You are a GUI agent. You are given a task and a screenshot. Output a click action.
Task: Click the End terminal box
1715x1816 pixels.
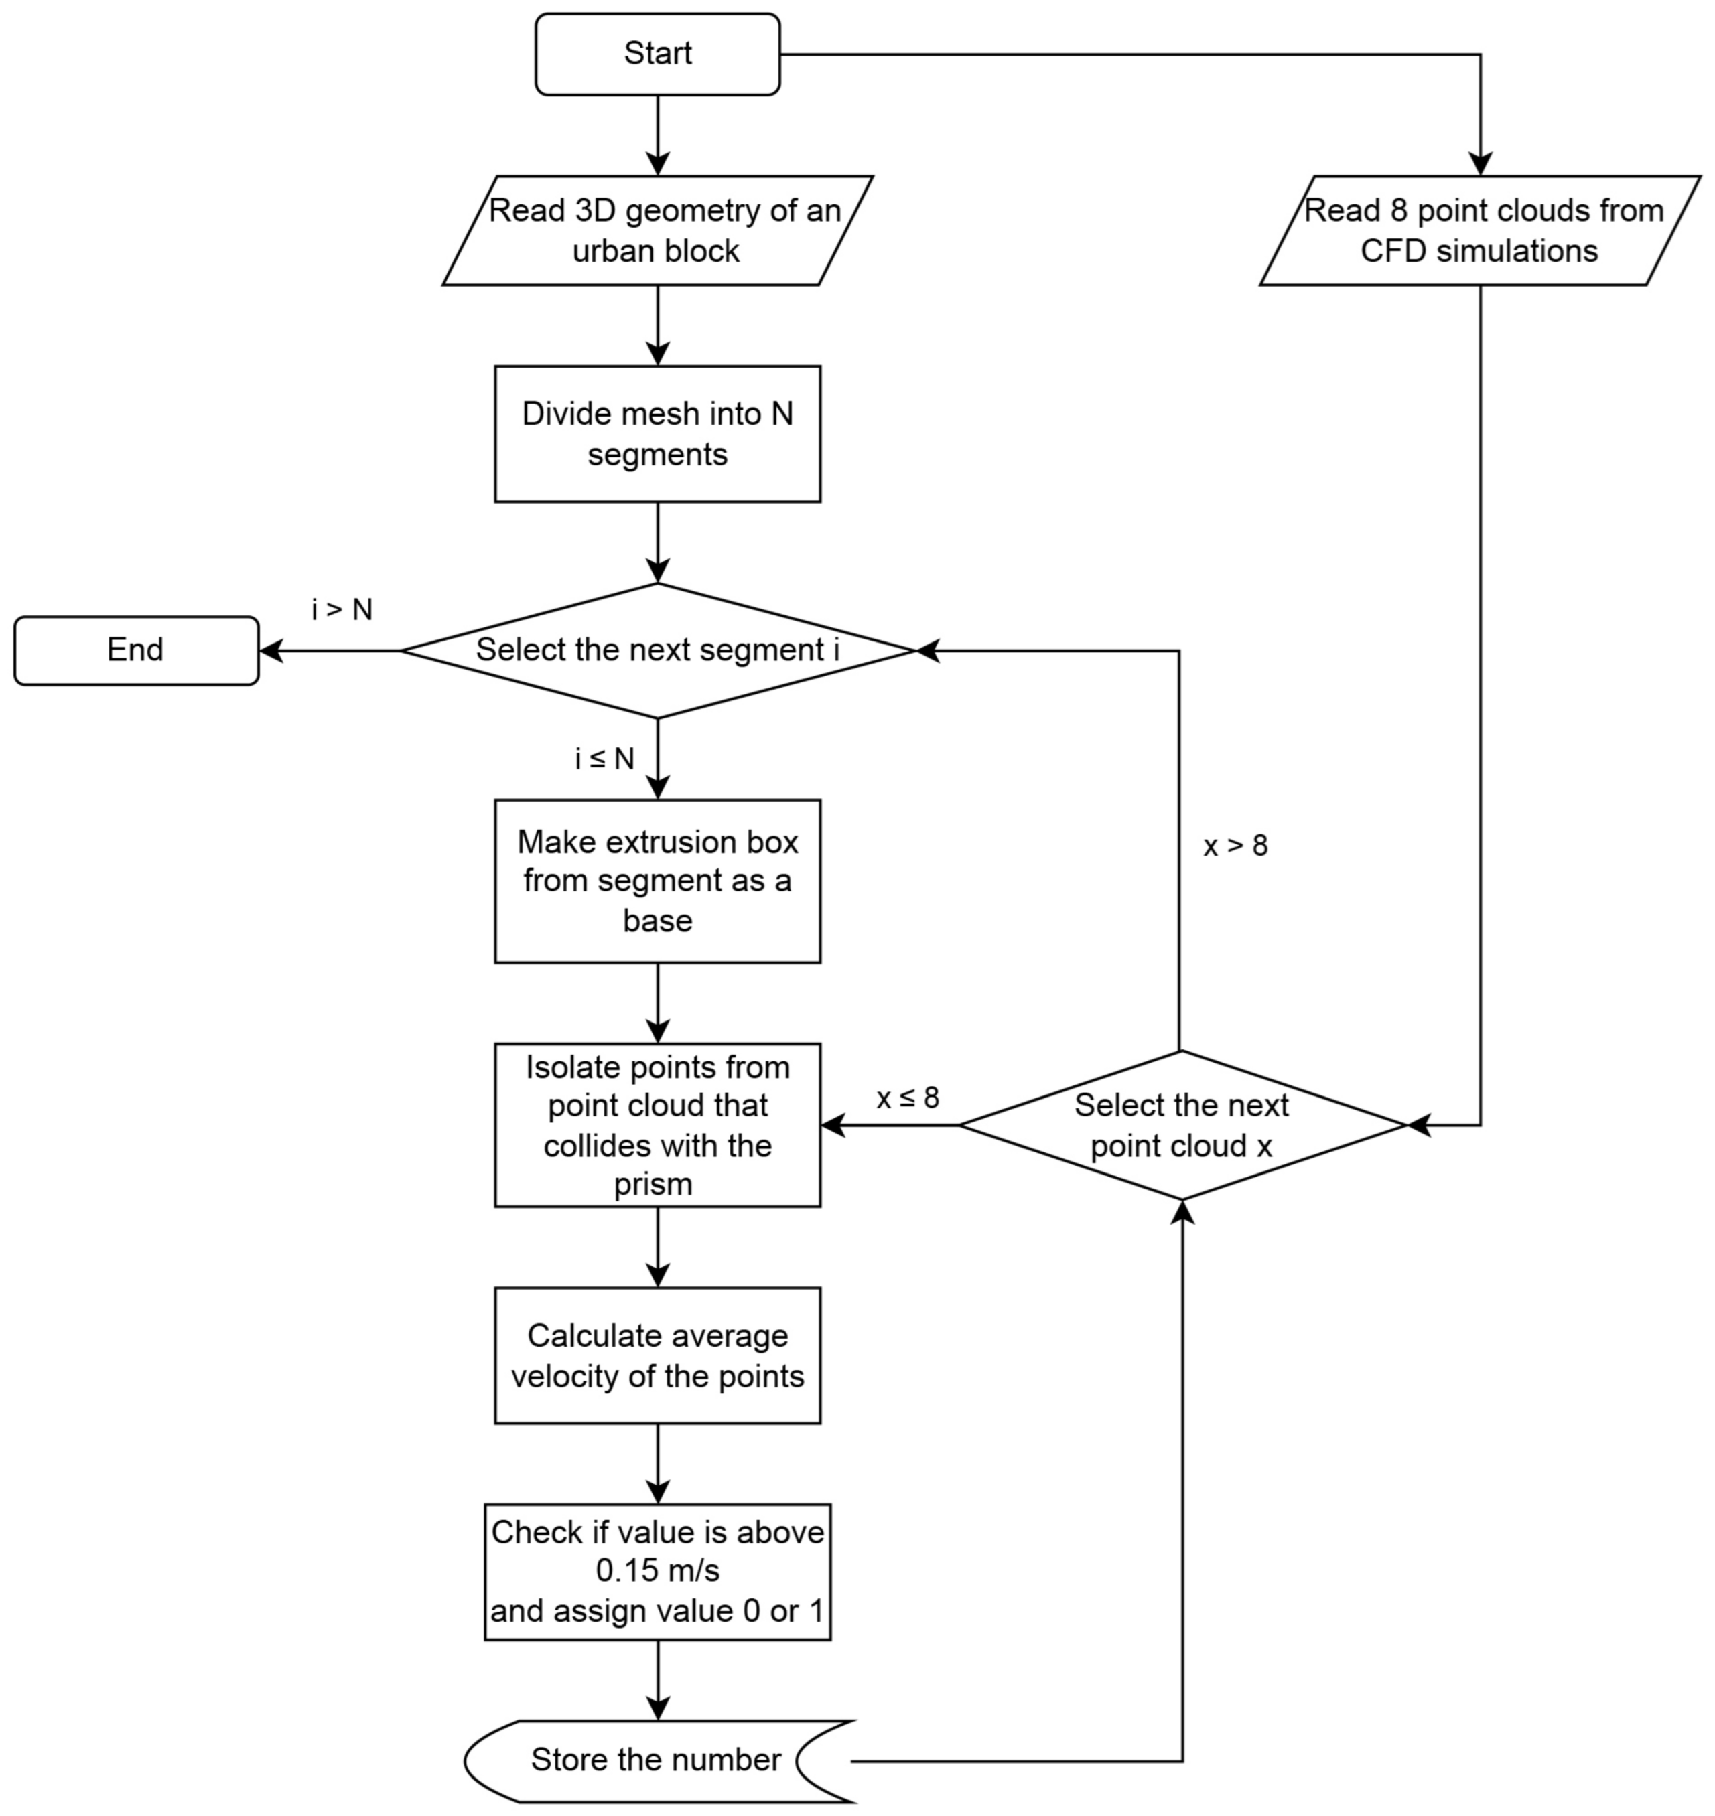[x=136, y=650]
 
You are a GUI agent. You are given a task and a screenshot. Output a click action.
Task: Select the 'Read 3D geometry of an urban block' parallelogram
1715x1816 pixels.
[x=657, y=230]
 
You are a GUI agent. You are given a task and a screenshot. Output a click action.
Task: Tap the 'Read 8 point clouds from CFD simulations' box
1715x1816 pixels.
[x=1480, y=230]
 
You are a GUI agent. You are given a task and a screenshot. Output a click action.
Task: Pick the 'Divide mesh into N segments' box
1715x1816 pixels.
[x=657, y=433]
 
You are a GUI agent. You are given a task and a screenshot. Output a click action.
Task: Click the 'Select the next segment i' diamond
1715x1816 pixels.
[x=657, y=650]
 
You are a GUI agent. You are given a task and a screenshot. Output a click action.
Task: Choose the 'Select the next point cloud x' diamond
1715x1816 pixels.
[x=1181, y=1125]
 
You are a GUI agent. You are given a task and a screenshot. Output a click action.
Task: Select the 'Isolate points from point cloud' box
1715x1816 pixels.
[x=657, y=1125]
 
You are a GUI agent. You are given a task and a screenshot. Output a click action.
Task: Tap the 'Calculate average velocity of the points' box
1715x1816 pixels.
[x=657, y=1355]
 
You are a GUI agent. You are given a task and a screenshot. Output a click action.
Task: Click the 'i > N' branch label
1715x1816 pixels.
[x=342, y=609]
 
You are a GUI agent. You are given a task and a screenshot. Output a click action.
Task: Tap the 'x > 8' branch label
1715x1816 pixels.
[x=1235, y=846]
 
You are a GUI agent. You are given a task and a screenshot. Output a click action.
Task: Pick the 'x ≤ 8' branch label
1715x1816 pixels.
[x=907, y=1098]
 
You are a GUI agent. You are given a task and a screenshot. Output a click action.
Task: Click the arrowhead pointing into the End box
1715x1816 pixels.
[x=271, y=651]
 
